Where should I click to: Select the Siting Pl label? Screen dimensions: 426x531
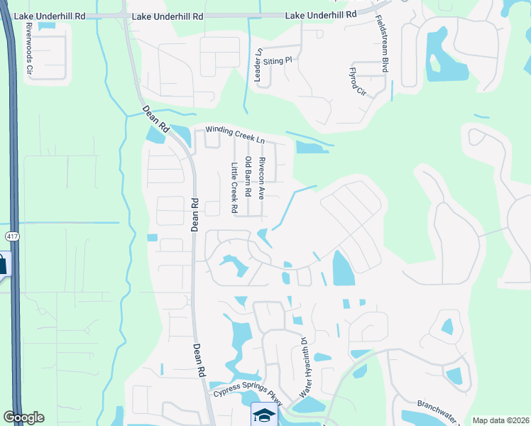coord(278,62)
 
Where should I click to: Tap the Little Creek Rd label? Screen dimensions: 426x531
coord(233,188)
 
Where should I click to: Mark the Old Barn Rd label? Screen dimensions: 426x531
coord(248,177)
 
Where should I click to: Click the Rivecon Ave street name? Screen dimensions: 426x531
coord(261,177)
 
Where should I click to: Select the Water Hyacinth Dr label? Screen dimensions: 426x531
coord(303,366)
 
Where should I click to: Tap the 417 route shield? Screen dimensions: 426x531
coord(11,235)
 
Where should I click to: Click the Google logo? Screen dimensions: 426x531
coord(23,417)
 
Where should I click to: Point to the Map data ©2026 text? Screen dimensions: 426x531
coord(500,420)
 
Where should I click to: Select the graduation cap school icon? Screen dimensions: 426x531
coord(262,415)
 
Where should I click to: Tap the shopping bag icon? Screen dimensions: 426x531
coord(2,266)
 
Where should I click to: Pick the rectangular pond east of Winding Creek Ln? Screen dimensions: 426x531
coord(311,148)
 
